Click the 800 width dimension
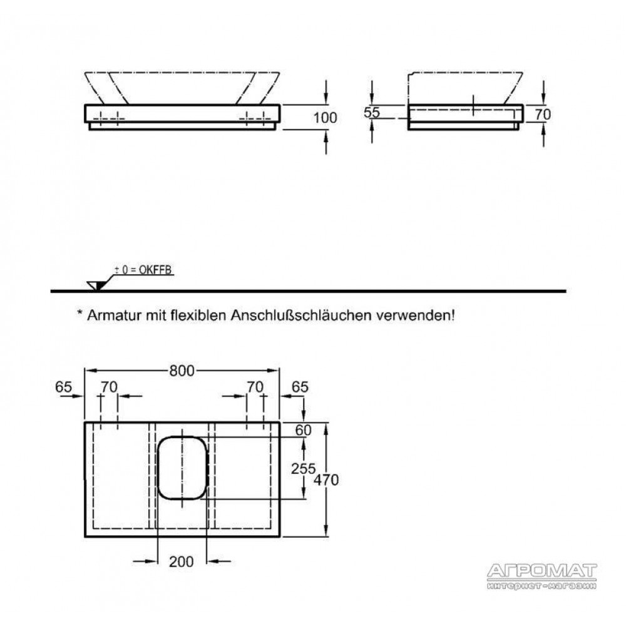pos(182,371)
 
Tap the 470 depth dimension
pos(326,480)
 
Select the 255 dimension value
pos(304,468)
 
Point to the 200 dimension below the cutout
pos(182,562)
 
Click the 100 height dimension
pos(325,118)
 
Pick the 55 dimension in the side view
pos(371,113)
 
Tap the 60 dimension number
pos(303,430)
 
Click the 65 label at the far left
pos(63,387)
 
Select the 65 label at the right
pos(300,387)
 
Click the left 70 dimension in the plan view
pos(109,387)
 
